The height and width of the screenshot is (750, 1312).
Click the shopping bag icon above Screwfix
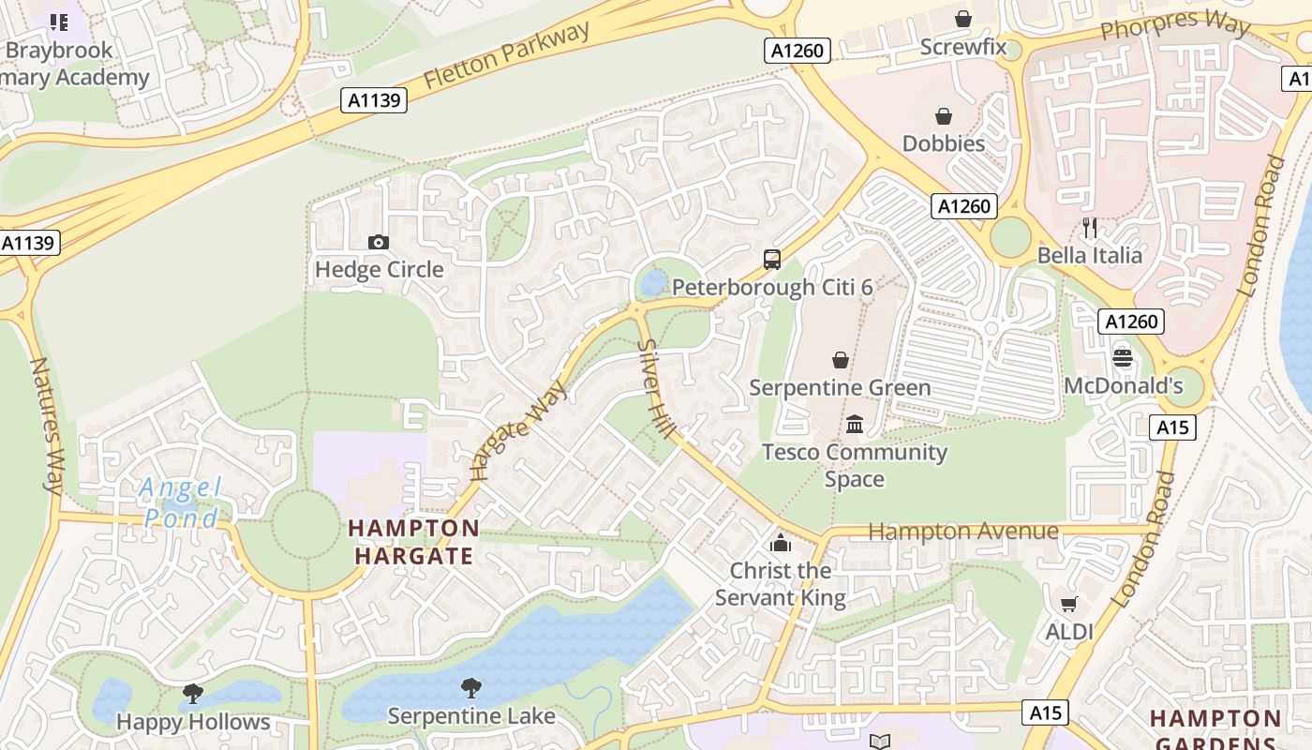[x=962, y=19]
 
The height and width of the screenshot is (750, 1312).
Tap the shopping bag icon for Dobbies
[x=944, y=116]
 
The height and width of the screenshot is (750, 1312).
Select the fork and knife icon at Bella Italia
[x=1089, y=228]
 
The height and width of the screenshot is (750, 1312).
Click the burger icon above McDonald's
[x=1122, y=357]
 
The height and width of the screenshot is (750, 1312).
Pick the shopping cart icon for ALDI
[x=1068, y=604]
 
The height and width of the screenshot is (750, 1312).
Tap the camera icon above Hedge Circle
[x=379, y=242]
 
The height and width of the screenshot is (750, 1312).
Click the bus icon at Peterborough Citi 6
[x=772, y=260]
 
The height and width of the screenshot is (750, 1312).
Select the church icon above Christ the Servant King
[x=780, y=543]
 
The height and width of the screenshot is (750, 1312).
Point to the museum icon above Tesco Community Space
[x=854, y=425]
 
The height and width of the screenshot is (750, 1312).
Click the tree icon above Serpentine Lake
[x=471, y=689]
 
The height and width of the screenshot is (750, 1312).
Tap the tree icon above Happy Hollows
[x=193, y=694]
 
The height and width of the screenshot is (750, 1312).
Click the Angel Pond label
[x=180, y=502]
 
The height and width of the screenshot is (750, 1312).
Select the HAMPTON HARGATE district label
[x=413, y=542]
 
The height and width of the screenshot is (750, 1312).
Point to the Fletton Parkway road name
[x=507, y=55]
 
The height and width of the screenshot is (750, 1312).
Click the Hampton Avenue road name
[x=963, y=532]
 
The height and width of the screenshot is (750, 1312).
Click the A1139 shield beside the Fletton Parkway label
[x=374, y=100]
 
